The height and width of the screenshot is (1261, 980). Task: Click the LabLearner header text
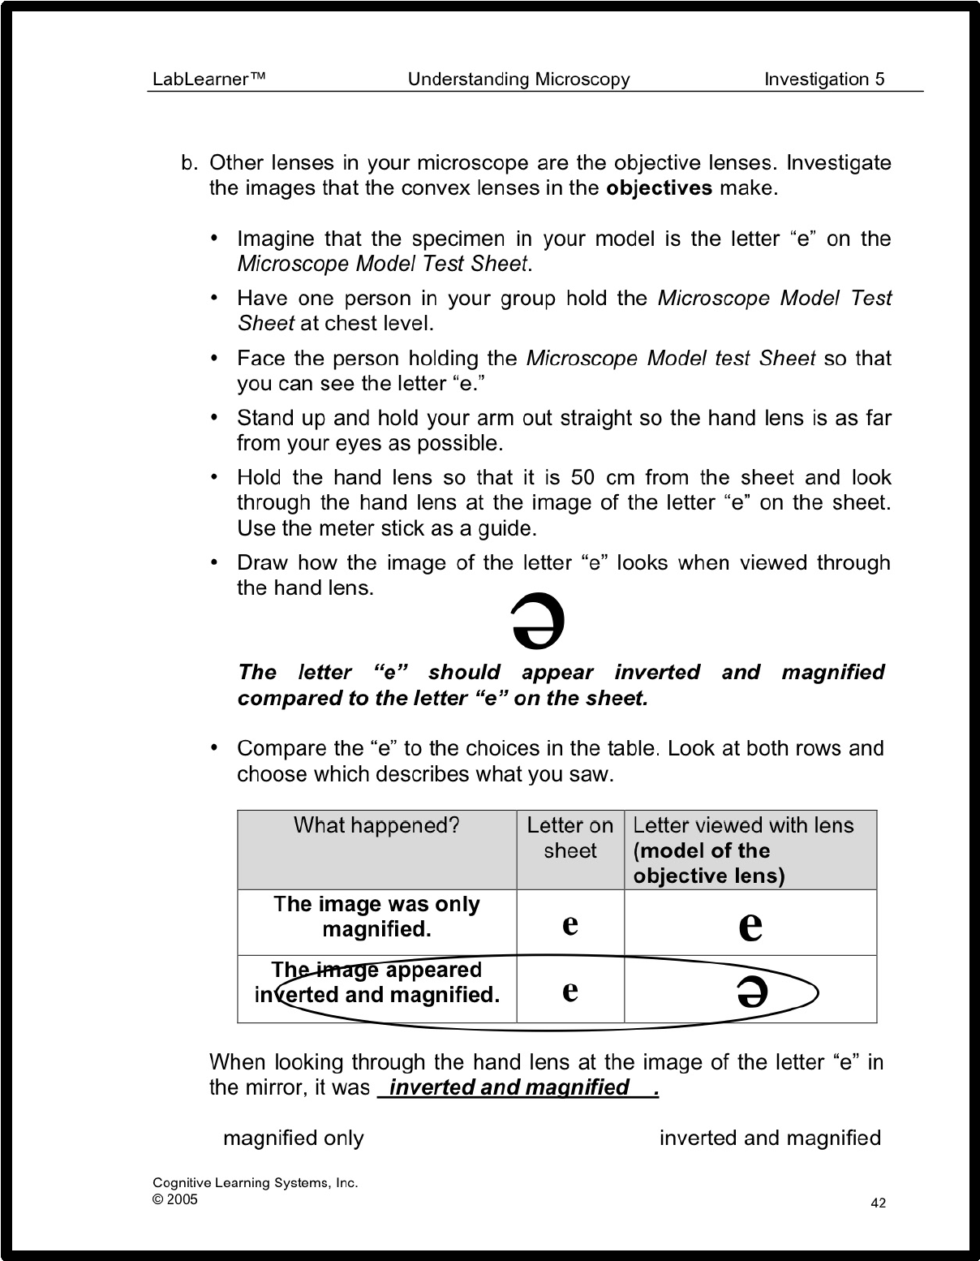[x=209, y=79]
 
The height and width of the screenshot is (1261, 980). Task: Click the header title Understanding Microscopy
[x=518, y=79]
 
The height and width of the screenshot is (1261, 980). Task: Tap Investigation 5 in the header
[x=824, y=79]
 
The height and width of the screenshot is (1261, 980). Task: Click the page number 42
[x=878, y=1203]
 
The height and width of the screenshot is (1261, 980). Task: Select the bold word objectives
[x=660, y=188]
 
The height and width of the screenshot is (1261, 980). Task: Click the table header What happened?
[x=376, y=825]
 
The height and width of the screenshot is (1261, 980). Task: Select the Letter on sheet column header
[x=570, y=837]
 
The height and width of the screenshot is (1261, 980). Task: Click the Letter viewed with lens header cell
[x=743, y=850]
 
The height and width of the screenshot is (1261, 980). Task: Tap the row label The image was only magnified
[x=376, y=916]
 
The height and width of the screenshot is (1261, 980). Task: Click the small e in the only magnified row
[x=570, y=923]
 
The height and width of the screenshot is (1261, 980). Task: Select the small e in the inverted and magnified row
[x=570, y=989]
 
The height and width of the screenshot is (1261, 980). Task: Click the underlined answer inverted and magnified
[x=509, y=1087]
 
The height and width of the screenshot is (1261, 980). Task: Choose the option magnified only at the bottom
[x=293, y=1138]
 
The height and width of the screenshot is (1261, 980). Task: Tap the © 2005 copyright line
[x=175, y=1199]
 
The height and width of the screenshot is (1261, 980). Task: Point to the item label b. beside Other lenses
[x=189, y=163]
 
